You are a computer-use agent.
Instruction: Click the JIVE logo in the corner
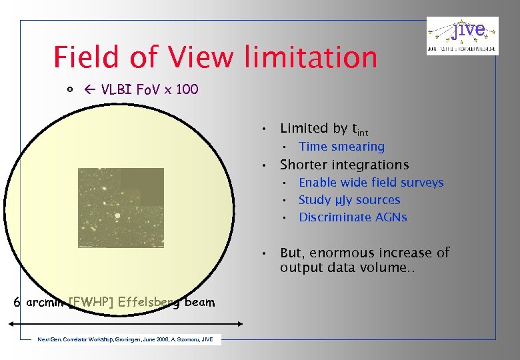462,36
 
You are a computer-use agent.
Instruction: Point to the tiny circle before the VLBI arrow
69,90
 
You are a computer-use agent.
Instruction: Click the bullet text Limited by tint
324,129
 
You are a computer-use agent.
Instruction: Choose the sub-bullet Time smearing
341,147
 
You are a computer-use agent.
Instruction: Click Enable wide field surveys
371,183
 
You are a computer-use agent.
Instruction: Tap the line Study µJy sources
349,200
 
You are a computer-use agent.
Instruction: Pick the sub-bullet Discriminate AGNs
353,217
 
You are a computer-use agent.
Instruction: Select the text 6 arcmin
39,303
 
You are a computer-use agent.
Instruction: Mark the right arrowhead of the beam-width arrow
241,324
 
